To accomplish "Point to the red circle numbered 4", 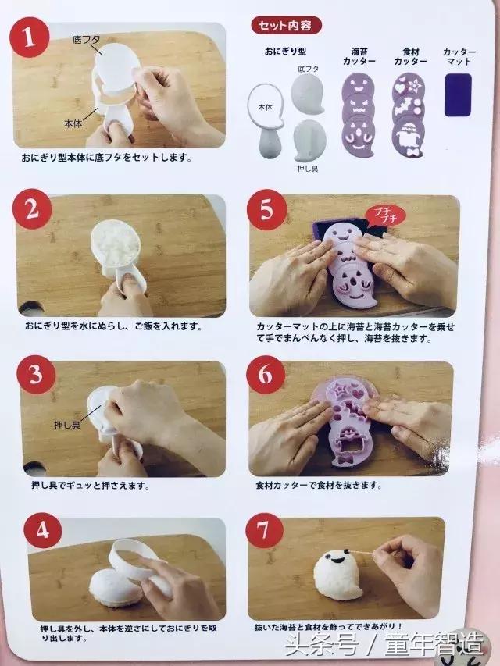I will coord(37,532).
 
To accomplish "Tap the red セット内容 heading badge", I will coord(285,26).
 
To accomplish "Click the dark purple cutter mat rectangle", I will coord(457,94).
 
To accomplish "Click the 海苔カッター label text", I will coord(359,55).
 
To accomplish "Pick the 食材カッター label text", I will coord(409,55).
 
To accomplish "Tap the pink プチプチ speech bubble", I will coord(384,213).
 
